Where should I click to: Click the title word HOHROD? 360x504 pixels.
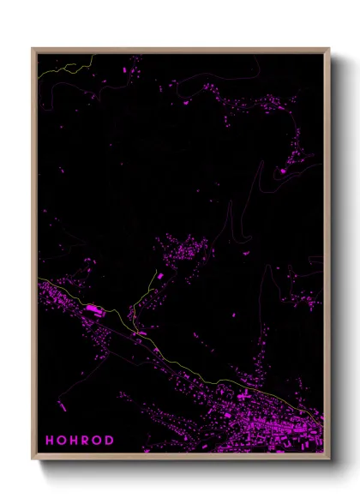[x=80, y=441]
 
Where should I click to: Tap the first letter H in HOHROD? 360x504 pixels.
[x=50, y=441]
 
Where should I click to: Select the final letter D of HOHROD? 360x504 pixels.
[x=109, y=441]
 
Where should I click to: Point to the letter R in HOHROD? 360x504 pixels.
[x=86, y=441]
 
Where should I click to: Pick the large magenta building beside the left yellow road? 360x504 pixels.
[x=92, y=308]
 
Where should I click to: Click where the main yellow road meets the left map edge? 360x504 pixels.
[x=39, y=279]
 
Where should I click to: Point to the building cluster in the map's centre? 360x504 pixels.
[x=184, y=253]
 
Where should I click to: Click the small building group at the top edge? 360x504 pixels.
[x=132, y=65]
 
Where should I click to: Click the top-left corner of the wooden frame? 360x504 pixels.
[x=33, y=49]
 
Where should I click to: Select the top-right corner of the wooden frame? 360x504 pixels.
[x=329, y=49]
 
